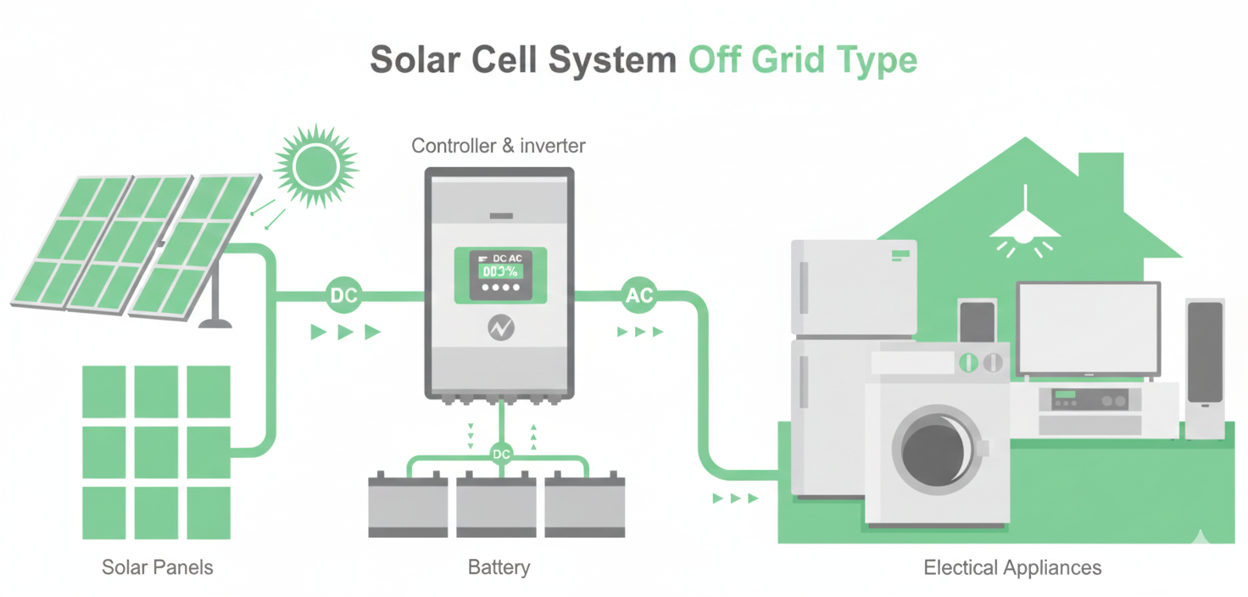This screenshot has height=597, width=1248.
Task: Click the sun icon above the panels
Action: click(316, 165)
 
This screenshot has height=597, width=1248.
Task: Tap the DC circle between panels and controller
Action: click(343, 296)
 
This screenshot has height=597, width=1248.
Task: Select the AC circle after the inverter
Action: click(638, 296)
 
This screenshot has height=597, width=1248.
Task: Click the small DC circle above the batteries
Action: click(501, 455)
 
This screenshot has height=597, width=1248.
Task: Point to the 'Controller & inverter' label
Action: click(499, 146)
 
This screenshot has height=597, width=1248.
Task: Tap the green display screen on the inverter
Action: click(501, 271)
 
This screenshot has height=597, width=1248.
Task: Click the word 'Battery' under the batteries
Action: click(499, 567)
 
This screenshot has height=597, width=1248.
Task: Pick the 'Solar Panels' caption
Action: click(158, 567)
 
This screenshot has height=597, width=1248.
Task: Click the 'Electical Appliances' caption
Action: click(1012, 567)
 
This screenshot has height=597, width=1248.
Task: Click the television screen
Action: click(1089, 327)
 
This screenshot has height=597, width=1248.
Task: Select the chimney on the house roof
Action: click(1101, 174)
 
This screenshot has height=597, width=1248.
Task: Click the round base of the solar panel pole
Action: click(214, 323)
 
